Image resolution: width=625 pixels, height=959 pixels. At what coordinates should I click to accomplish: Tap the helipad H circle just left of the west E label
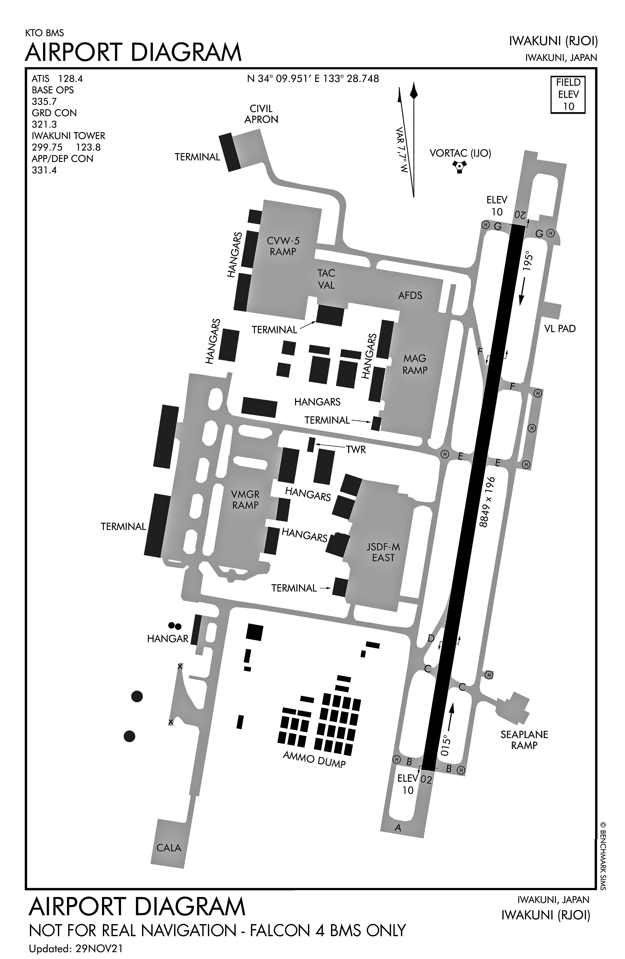[444, 454]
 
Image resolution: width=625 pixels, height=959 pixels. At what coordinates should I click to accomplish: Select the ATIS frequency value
[71, 79]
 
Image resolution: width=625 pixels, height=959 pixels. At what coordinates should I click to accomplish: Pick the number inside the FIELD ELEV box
[568, 106]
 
